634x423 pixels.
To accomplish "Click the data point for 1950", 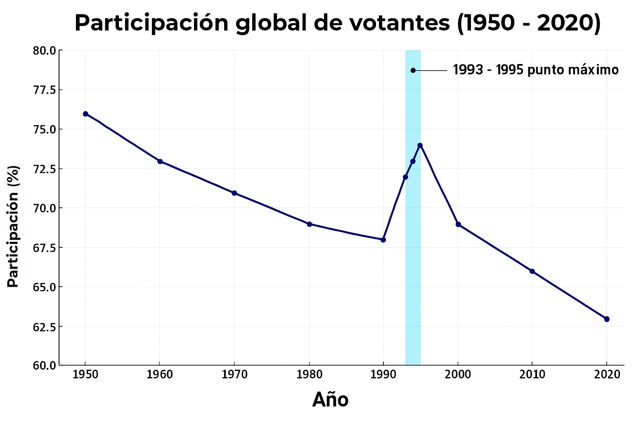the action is point(85,114).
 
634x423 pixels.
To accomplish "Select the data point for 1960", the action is point(160,162).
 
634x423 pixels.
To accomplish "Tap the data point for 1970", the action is point(234,193).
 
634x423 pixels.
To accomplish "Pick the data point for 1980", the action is point(309,224).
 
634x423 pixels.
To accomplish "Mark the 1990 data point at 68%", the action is point(383,240).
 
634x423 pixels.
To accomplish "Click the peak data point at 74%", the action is point(420,145).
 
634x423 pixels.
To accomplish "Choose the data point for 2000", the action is point(458,224).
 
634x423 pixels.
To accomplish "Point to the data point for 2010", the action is point(532,271).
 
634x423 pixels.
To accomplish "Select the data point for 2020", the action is point(607,319).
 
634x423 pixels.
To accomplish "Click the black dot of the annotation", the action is point(413,70).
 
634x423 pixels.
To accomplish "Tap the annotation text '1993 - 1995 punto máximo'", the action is point(536,70).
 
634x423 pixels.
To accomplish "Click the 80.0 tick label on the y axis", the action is point(45,51).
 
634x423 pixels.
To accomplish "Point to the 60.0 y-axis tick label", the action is point(45,366).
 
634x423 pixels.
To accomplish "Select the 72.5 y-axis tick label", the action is point(45,169).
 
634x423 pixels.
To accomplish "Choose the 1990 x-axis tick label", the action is point(383,375).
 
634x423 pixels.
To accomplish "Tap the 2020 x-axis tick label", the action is point(607,375).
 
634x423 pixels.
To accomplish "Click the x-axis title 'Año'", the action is point(330,400).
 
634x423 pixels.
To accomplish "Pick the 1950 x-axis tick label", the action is point(85,375).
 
